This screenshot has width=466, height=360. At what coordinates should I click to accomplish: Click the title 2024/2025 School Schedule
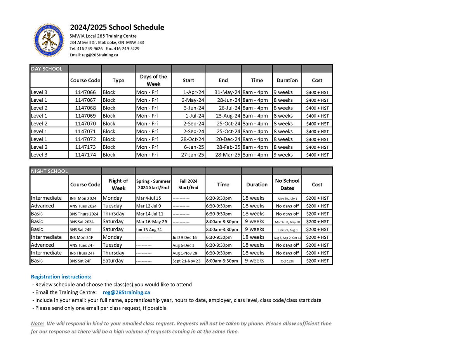(117, 28)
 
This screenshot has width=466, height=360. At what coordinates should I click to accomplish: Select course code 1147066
(85, 92)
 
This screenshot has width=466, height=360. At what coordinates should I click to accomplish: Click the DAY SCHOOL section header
(47, 69)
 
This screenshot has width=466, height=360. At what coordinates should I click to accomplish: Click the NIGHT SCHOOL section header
(49, 171)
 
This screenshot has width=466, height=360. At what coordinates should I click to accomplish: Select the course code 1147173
(85, 147)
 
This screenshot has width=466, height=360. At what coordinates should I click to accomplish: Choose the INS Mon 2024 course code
(85, 198)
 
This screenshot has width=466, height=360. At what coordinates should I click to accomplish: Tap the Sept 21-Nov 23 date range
(186, 261)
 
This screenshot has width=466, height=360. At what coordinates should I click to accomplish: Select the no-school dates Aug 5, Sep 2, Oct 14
(287, 238)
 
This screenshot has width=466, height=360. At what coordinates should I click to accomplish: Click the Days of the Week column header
(153, 80)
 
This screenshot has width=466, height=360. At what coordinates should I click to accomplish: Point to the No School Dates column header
(287, 184)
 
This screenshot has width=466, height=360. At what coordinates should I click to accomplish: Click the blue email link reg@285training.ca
(126, 292)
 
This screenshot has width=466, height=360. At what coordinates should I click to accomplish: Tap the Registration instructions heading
(61, 277)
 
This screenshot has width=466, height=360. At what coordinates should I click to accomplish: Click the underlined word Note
(37, 323)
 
